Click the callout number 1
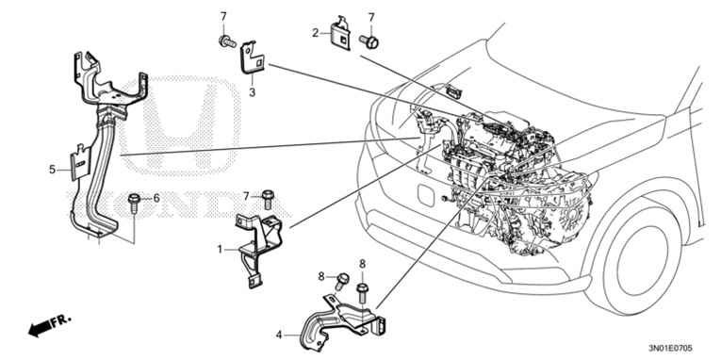[220, 249]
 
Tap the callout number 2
[316, 33]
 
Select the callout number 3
[252, 92]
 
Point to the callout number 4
[279, 334]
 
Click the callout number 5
[53, 170]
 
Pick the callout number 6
[156, 198]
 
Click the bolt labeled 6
[136, 200]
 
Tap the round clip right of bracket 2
[370, 41]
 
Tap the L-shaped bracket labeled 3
[253, 57]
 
